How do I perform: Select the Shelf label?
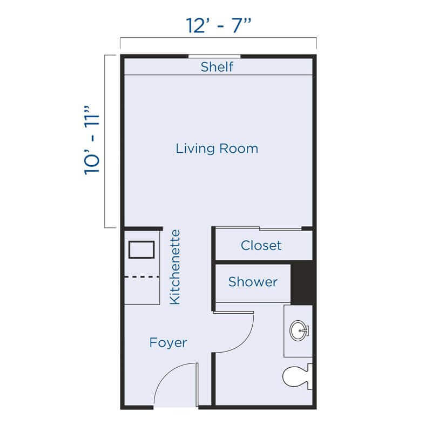pos(217,67)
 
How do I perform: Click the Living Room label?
pos(217,148)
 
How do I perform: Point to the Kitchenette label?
pos(174,267)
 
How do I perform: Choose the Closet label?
pos(261,245)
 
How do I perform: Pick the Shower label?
pos(253,281)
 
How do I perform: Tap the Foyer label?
pos(168,342)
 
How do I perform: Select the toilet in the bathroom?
pos(295,377)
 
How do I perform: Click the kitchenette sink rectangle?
pos(141,250)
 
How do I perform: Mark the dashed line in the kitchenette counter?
pos(142,276)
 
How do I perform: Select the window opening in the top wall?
pos(214,56)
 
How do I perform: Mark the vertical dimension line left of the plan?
pos(105,141)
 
